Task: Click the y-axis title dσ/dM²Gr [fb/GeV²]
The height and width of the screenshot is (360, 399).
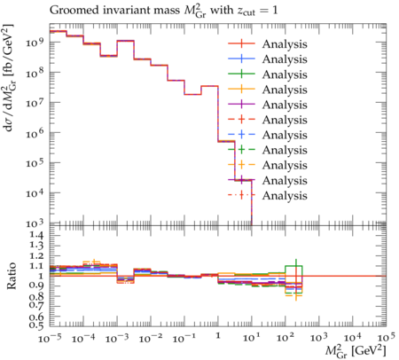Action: coord(9,77)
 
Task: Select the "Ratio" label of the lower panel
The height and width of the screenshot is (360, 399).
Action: coord(11,276)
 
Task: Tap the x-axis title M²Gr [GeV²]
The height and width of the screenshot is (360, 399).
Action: coord(356,350)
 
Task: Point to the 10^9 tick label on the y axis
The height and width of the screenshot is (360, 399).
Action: coord(35,42)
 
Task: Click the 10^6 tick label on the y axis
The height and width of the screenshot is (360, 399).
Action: coord(35,132)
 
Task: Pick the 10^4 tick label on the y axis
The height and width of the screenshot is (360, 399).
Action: coord(35,192)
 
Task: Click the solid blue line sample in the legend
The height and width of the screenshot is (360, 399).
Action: coord(241,59)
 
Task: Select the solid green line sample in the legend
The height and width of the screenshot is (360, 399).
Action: coord(241,74)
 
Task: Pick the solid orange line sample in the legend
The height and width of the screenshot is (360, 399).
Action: coord(241,89)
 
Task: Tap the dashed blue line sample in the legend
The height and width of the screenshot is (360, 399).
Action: coord(241,135)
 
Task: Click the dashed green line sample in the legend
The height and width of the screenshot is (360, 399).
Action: coord(241,150)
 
